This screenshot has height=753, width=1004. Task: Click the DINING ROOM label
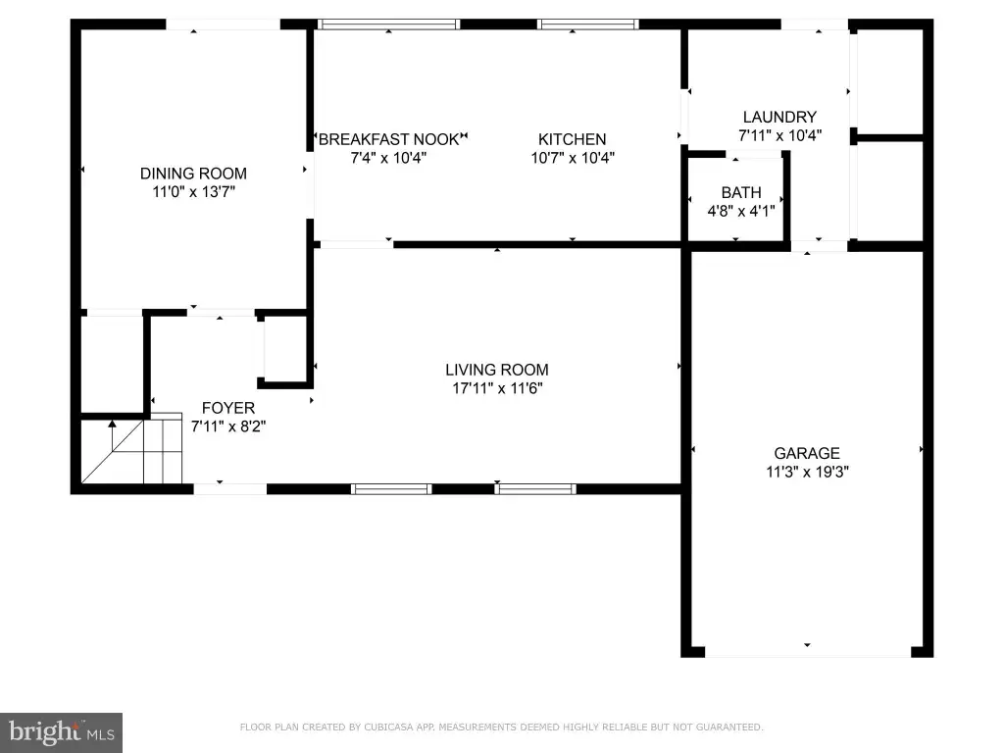click(x=193, y=174)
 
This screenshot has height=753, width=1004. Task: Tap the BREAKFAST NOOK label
click(x=389, y=139)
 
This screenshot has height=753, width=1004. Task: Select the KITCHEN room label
click(x=572, y=139)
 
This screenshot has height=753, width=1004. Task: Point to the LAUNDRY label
click(x=779, y=118)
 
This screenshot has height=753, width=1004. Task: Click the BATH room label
click(x=741, y=193)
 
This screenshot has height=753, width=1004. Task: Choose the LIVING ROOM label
click(x=497, y=370)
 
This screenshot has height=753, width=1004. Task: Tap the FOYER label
click(x=227, y=408)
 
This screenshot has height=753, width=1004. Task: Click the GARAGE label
click(x=807, y=453)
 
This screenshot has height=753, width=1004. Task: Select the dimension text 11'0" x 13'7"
click(x=193, y=191)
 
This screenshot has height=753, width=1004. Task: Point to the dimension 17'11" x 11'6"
click(x=497, y=388)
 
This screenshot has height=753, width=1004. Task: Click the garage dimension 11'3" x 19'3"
click(x=808, y=472)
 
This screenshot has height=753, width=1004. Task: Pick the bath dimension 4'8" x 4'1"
click(x=741, y=211)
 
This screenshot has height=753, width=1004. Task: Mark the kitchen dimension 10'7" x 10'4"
click(x=573, y=158)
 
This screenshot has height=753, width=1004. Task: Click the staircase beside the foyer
click(x=132, y=451)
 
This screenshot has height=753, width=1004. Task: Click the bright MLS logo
click(x=61, y=732)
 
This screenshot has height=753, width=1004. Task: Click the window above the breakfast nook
click(x=388, y=25)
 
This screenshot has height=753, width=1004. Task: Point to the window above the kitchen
click(x=588, y=25)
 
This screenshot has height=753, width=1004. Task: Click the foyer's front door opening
click(x=229, y=489)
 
